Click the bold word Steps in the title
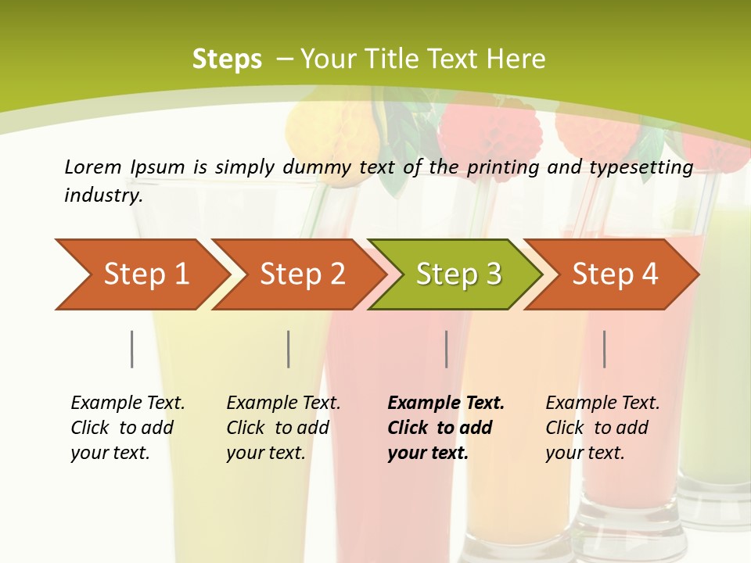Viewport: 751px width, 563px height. [227, 59]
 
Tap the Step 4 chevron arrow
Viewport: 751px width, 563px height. [615, 274]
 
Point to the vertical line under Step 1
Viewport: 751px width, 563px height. [131, 349]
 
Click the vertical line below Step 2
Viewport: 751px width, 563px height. [289, 349]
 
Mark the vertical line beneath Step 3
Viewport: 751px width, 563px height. [447, 349]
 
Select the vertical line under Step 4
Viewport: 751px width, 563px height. [605, 349]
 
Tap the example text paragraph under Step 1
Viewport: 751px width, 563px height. [128, 428]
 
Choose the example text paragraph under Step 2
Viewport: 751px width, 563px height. [283, 428]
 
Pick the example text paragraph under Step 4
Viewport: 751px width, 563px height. [602, 428]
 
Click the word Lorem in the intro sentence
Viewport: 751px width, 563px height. [93, 167]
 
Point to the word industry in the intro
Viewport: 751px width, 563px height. [102, 195]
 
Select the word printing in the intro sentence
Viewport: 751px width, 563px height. [504, 167]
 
